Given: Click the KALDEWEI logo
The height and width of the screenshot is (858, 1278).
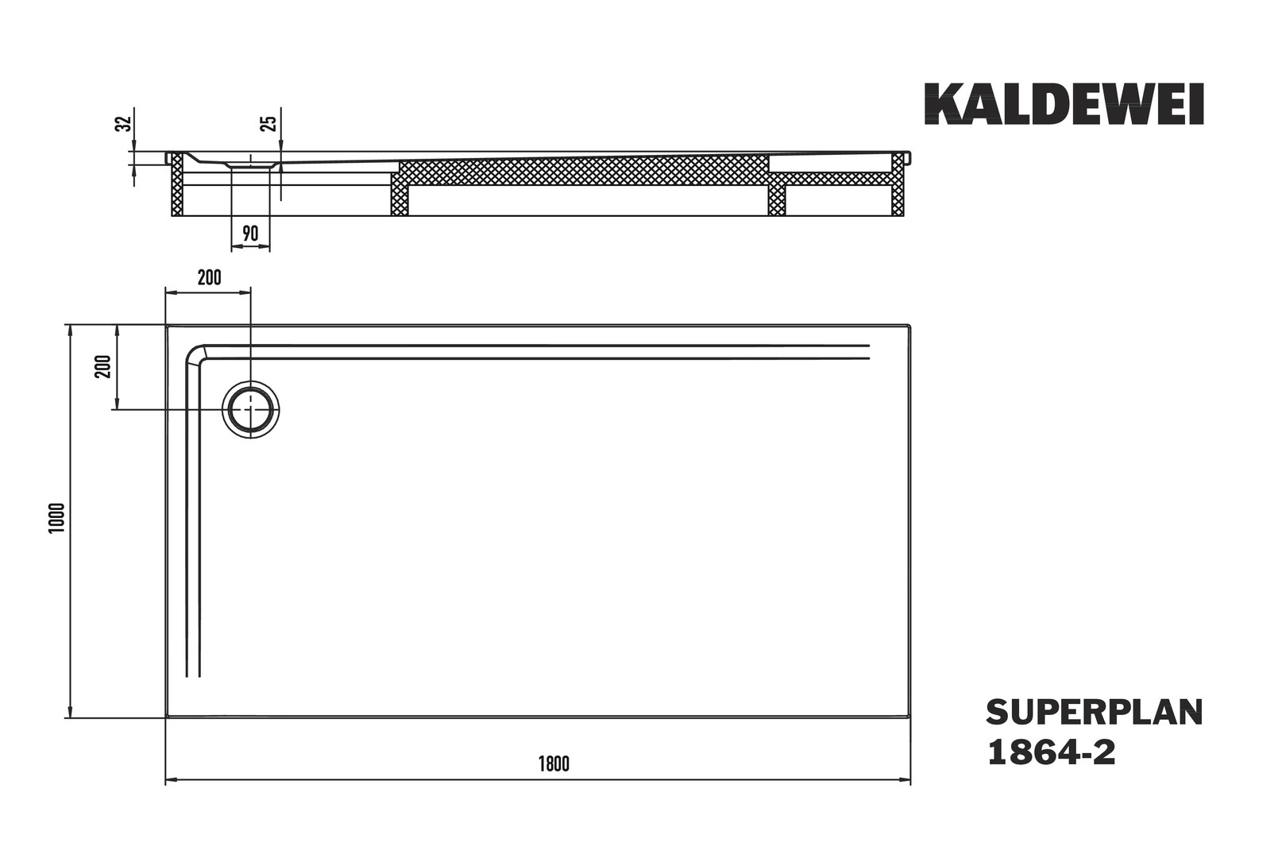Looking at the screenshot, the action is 1064,104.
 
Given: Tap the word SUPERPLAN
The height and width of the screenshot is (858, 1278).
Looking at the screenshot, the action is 1095,713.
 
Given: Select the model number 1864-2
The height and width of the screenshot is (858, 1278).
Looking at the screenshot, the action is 1051,752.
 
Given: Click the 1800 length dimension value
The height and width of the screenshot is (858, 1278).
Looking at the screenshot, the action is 554,764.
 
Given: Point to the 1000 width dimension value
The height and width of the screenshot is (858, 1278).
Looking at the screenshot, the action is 57,517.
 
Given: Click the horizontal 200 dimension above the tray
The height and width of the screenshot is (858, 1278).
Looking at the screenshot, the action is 210,278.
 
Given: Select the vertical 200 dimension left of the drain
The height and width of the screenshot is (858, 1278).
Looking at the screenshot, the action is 103,366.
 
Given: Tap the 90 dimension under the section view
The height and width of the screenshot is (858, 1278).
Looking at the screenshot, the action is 250,234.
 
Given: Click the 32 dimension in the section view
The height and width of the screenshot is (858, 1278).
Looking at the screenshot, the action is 124,123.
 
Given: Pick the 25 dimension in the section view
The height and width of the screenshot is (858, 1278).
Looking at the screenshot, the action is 268,123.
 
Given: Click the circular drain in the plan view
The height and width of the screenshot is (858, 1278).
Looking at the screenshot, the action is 250,410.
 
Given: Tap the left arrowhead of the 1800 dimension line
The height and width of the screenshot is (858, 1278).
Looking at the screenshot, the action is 170,780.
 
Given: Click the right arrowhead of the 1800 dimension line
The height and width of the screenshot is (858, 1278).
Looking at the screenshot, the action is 905,780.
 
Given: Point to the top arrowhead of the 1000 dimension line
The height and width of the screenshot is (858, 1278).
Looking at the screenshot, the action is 70,330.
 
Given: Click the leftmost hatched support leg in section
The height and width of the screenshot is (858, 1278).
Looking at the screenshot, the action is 177,184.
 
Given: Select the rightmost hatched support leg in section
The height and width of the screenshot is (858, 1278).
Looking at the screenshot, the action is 898,184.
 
